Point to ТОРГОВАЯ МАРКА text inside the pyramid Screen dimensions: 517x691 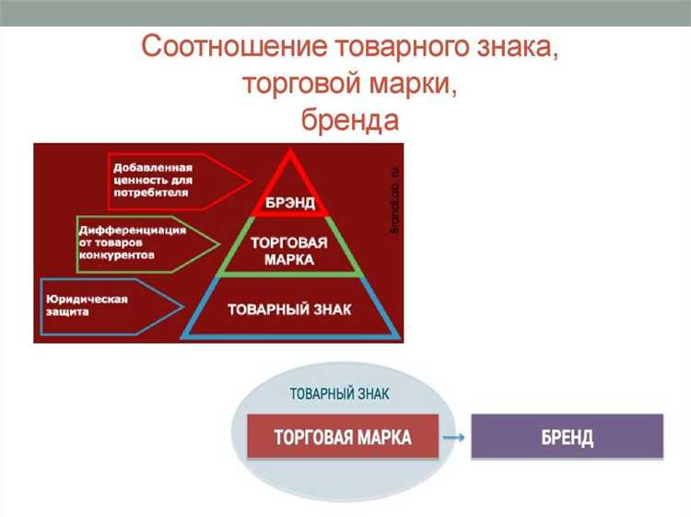(289, 251)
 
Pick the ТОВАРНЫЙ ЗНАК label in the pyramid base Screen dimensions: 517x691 (289, 309)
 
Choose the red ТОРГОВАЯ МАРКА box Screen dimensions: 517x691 (343, 436)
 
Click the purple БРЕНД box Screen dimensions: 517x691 (567, 436)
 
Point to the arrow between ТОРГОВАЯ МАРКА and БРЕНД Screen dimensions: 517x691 (454, 437)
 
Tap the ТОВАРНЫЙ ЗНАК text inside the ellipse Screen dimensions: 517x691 (339, 394)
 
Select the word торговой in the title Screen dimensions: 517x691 (296, 86)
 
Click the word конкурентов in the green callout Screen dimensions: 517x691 (116, 254)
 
